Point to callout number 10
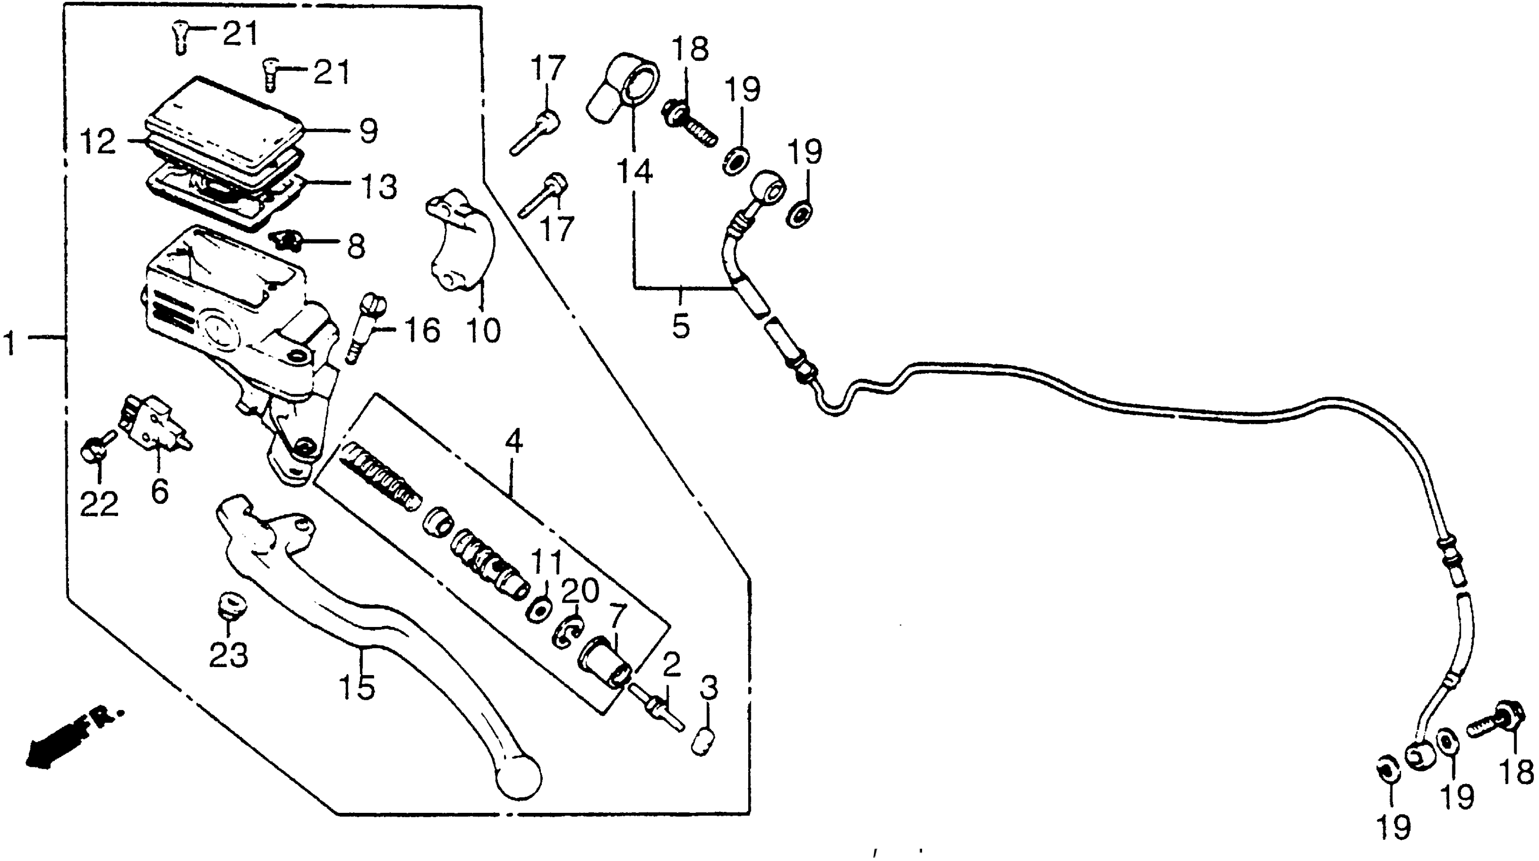pyautogui.click(x=483, y=330)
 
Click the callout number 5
pyautogui.click(x=680, y=326)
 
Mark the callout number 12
pyautogui.click(x=98, y=143)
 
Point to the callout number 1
pyautogui.click(x=10, y=344)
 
